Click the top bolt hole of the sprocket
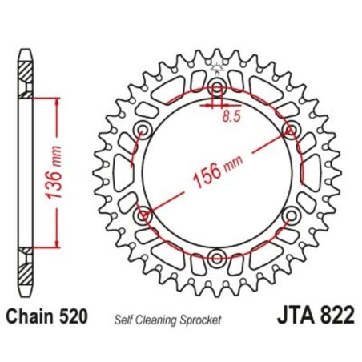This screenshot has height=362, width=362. (x=217, y=87)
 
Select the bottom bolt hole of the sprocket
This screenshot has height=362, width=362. (x=217, y=257)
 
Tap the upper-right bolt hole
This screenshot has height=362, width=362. (x=290, y=130)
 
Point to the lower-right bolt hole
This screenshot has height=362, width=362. (x=290, y=215)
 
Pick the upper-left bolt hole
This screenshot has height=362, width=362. (x=144, y=130)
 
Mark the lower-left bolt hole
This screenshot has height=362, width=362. (x=144, y=215)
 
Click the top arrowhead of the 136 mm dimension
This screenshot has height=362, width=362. (x=57, y=103)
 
